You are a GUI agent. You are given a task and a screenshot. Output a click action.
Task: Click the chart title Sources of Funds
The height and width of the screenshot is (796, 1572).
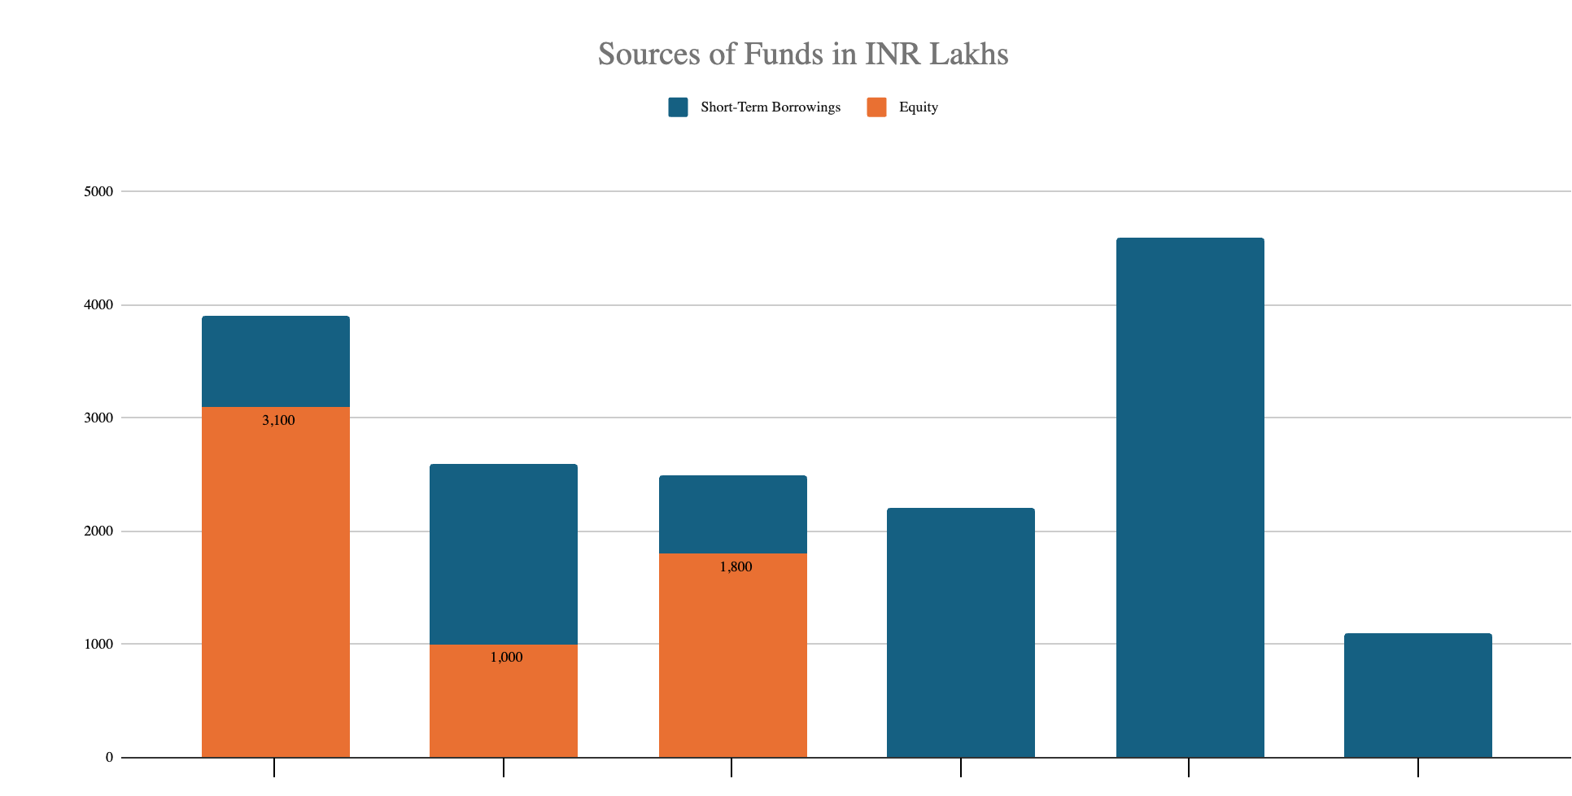802,54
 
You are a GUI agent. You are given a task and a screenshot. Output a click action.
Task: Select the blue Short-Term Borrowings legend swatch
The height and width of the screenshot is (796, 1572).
678,107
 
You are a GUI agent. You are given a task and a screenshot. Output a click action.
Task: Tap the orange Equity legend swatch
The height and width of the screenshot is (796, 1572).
876,107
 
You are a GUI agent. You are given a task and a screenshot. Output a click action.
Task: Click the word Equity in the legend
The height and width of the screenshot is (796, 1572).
918,107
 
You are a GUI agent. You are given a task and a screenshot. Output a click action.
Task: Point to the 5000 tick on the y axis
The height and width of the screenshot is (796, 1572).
98,192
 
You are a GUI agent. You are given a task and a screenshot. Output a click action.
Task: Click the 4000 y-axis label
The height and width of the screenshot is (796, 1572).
98,305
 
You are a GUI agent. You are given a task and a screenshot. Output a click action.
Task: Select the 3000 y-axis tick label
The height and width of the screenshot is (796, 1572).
98,418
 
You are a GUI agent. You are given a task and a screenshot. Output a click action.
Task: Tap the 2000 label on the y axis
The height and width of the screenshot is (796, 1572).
98,531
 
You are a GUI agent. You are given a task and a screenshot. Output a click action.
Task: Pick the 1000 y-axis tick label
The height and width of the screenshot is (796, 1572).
98,645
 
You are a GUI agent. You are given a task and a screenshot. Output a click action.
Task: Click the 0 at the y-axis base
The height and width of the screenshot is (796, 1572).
109,758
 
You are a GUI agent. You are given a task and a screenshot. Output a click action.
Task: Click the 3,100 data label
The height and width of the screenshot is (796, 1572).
278,421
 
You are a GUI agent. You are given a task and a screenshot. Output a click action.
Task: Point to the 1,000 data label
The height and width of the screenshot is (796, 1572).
506,658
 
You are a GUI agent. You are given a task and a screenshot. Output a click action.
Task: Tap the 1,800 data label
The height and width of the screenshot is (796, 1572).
736,567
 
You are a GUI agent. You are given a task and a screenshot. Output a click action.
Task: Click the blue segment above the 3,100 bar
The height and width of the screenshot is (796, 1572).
276,361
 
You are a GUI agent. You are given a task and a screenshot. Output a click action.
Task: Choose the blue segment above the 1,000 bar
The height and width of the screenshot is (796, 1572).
504,554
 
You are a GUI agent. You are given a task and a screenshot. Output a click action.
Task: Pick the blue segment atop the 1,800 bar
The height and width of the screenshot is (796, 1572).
732,514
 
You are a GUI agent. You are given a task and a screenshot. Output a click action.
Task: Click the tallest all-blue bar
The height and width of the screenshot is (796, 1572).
1190,497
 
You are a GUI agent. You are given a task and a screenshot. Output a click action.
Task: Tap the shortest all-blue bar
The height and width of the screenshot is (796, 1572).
1417,695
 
